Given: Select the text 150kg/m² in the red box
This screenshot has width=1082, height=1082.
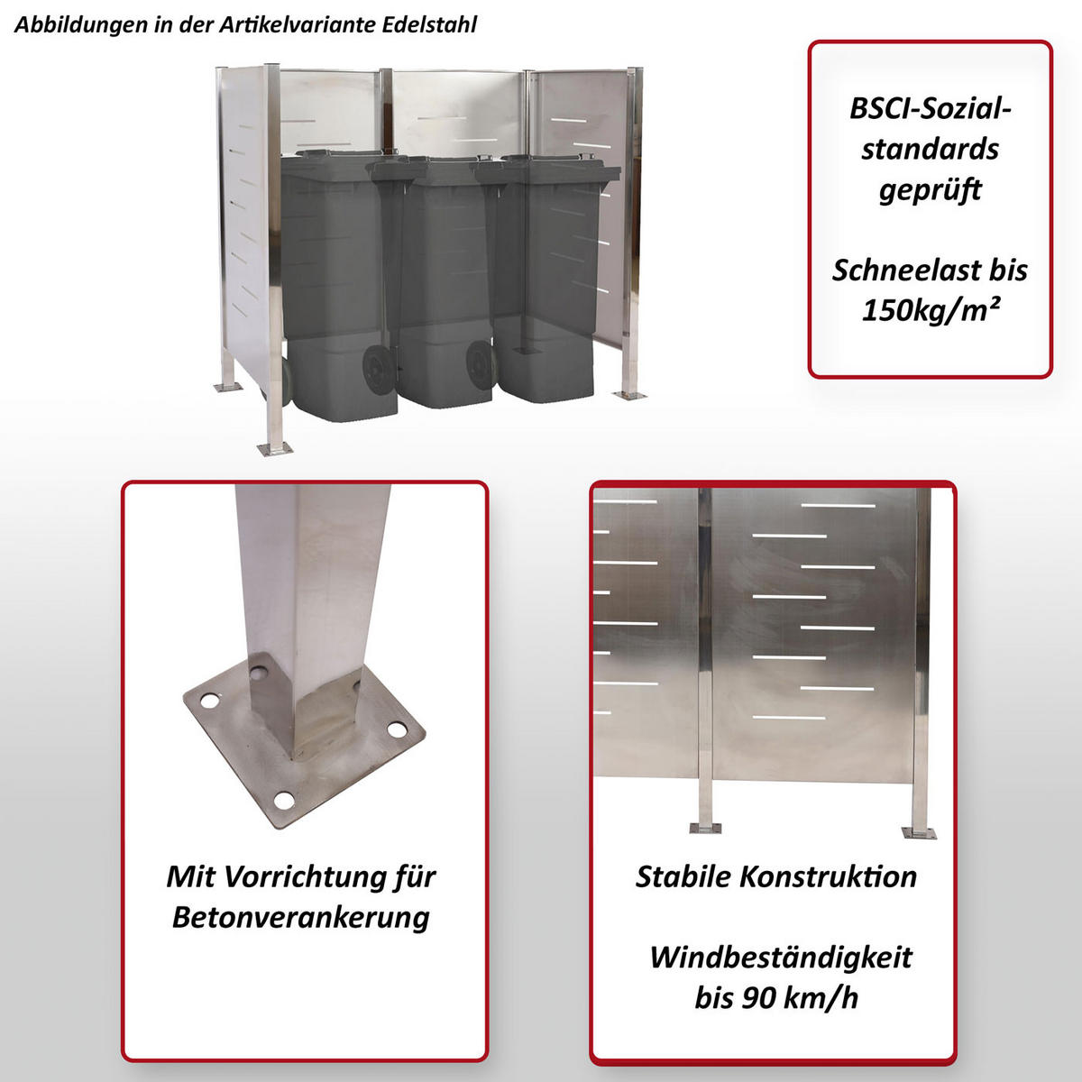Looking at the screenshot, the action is [x=931, y=309].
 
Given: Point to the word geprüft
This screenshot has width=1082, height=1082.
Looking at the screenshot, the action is [x=931, y=189].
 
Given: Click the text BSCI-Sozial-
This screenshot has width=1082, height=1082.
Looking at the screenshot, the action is [x=931, y=108].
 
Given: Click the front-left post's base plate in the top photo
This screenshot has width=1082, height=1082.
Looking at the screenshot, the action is [x=275, y=448].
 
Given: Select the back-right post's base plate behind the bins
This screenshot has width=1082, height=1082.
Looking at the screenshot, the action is [x=628, y=395].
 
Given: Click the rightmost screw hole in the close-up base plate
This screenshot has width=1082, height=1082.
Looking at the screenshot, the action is [x=398, y=730].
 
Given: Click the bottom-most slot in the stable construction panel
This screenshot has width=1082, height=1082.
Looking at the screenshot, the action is [x=789, y=718].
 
